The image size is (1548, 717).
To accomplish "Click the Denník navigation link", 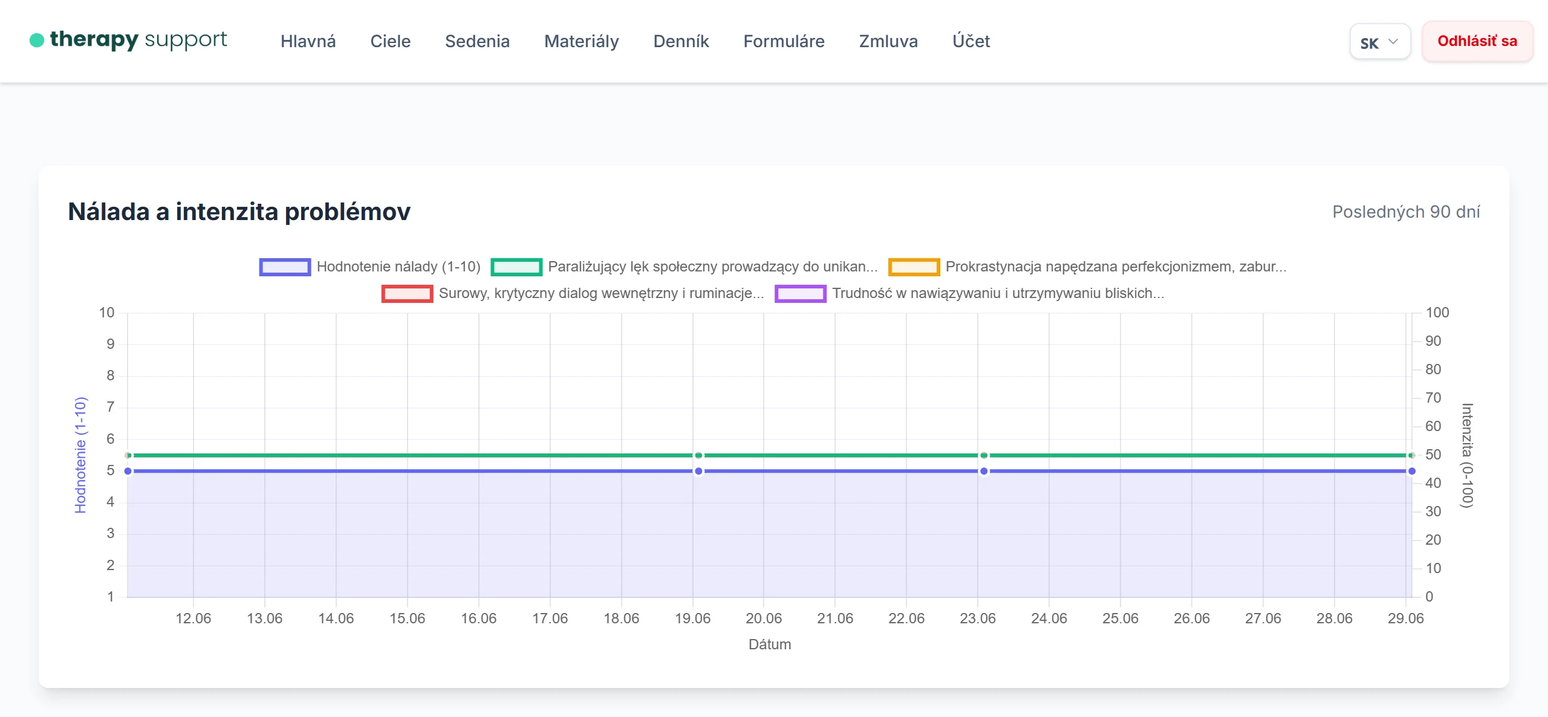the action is click(x=681, y=41).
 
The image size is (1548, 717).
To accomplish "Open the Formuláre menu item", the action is click(x=784, y=41).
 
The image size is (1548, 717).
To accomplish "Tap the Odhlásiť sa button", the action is click(x=1477, y=41).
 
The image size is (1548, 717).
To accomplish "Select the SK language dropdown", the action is click(x=1380, y=42).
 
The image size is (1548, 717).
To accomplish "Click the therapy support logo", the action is click(x=128, y=40).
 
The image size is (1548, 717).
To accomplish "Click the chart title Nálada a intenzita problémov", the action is click(x=239, y=212).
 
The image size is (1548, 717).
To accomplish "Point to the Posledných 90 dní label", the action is click(x=1406, y=212).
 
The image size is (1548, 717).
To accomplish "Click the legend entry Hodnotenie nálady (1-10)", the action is click(x=370, y=267).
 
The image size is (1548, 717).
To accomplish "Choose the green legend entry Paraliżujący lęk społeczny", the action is click(x=684, y=267).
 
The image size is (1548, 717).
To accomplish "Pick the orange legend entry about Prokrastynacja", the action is click(x=1087, y=267).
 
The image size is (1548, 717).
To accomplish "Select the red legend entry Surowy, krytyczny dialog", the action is click(x=573, y=293).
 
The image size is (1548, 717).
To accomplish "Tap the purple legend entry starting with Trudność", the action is click(x=969, y=293).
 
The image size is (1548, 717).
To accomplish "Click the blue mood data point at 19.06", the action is click(x=698, y=471).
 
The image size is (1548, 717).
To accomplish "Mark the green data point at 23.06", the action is click(x=984, y=455).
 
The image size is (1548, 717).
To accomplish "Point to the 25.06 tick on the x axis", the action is click(x=1120, y=618).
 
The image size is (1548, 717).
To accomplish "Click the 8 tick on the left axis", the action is click(x=111, y=375).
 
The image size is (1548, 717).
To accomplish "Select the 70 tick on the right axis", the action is click(x=1433, y=398).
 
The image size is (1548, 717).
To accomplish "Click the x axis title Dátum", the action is click(x=770, y=644).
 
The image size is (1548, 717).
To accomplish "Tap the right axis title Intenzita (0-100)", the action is click(x=1467, y=455).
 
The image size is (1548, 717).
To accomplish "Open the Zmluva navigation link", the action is click(x=888, y=41).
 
